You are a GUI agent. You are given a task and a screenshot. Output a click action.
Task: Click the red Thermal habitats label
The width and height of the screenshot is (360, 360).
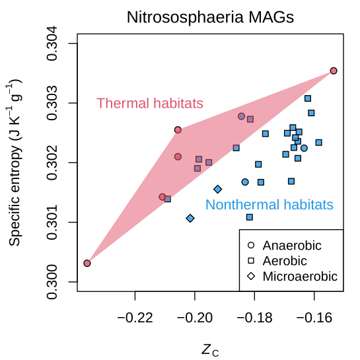150,103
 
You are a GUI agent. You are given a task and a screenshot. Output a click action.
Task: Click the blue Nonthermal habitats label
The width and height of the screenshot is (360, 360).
269,204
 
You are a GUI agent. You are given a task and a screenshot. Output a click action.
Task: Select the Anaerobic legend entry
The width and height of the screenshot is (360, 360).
292,246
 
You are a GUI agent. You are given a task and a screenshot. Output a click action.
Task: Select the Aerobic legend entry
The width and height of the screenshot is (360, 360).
285,261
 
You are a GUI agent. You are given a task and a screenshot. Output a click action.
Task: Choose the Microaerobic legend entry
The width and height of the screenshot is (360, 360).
299,276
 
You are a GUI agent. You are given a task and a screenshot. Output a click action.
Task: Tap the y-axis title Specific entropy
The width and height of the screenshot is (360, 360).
15,162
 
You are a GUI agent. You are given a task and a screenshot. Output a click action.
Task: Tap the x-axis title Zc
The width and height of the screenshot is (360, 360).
210,349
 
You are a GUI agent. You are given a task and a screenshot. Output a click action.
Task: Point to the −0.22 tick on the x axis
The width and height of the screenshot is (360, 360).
135,317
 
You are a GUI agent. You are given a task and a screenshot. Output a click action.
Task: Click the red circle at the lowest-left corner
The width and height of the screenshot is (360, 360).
87,263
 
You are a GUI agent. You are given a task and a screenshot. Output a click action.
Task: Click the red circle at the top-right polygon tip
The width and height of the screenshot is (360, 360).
334,71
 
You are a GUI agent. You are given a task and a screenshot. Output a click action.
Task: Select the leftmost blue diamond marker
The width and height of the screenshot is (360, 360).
190,218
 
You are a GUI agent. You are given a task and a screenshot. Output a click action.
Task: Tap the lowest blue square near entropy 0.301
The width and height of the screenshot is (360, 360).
250,217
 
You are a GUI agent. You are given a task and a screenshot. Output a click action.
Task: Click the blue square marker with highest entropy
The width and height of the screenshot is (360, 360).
308,98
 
